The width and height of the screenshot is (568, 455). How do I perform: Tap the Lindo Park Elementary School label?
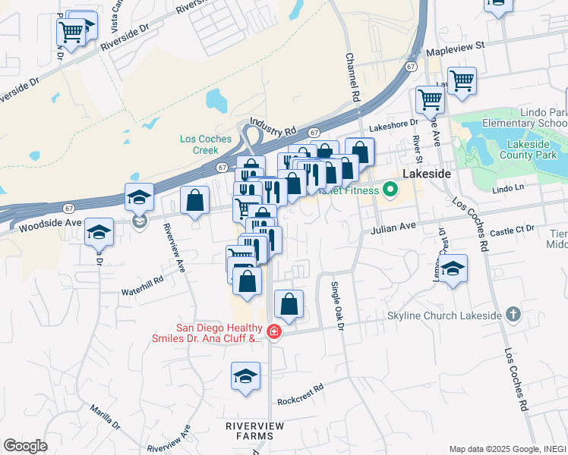click(538, 118)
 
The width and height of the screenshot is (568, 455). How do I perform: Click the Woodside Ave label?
click(49, 225)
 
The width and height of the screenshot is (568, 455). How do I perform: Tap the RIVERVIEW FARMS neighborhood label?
click(255, 431)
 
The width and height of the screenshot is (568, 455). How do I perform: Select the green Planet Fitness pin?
click(390, 190)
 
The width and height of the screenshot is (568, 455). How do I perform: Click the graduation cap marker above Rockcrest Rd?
click(246, 376)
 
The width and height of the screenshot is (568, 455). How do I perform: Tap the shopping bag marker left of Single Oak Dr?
click(289, 305)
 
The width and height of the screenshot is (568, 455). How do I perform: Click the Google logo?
click(25, 446)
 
